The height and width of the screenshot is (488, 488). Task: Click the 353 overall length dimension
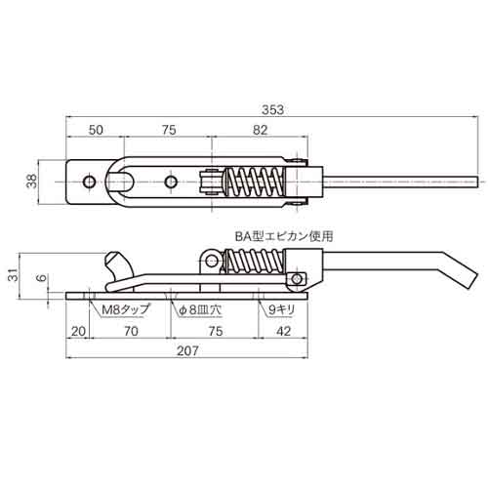(x=272, y=110)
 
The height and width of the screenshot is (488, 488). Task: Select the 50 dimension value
(x=96, y=130)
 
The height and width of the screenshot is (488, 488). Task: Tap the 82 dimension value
(x=260, y=130)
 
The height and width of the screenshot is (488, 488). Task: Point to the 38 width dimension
(x=32, y=182)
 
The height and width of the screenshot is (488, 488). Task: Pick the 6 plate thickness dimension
(x=42, y=278)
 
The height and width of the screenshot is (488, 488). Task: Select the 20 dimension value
(x=78, y=332)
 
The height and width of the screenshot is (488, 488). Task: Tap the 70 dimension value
(x=131, y=332)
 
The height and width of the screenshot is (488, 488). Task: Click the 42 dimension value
(x=283, y=332)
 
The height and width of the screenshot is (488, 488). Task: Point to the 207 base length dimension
(x=187, y=351)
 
